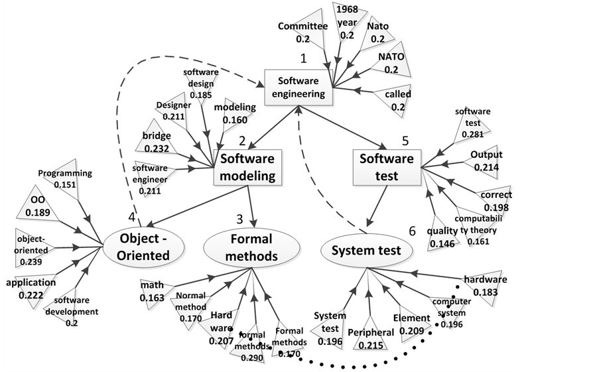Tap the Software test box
pos(387,166)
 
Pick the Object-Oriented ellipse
pos(145,246)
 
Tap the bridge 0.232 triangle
pos(157,141)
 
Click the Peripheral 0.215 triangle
pos(371,338)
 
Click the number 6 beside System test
pos(412,231)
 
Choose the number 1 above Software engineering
pos(303,58)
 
